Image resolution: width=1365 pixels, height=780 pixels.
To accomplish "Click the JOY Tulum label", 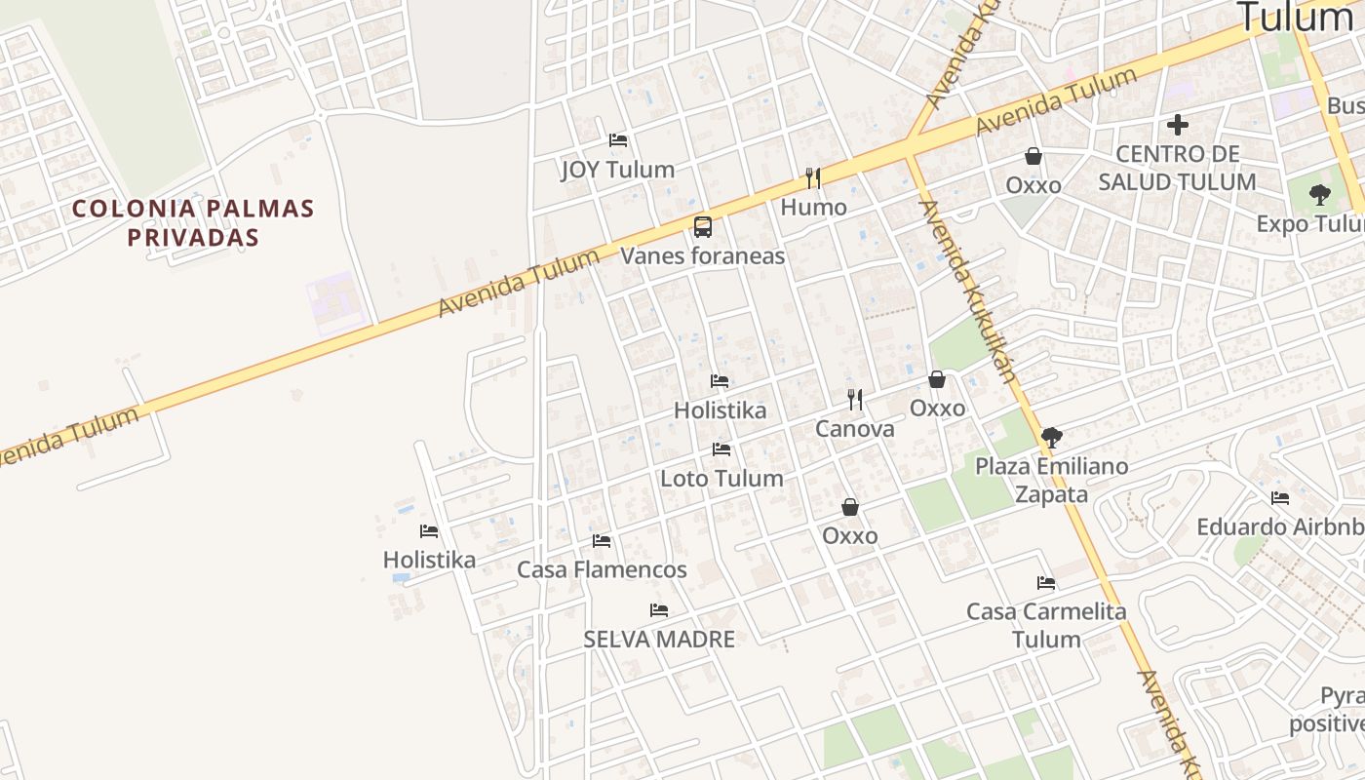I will (617, 170).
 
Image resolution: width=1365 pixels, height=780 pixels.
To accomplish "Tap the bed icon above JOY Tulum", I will (617, 140).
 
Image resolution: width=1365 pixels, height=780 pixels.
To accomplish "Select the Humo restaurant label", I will (813, 208).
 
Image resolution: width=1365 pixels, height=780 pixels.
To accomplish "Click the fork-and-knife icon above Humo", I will (813, 178).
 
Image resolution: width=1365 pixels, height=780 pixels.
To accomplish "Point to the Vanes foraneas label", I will (703, 256).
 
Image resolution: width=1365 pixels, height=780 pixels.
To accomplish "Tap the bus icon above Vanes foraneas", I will (703, 227).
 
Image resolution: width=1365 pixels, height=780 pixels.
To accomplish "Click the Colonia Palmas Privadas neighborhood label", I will (193, 222).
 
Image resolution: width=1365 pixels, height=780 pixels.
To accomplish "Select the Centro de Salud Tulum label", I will (1177, 168).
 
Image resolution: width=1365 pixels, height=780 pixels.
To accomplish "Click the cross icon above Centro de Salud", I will (1178, 125).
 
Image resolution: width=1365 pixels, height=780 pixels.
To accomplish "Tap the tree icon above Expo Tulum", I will (1319, 194).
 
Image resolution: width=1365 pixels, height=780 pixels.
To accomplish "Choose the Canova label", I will (854, 429).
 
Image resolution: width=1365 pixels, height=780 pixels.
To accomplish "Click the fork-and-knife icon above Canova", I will (855, 399).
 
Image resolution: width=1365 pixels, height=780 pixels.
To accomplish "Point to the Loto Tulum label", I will (721, 479).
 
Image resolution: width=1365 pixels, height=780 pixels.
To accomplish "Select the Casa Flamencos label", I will (602, 569).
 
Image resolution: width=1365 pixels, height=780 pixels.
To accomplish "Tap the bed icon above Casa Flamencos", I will (602, 540).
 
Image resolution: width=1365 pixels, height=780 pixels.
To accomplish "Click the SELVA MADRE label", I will (659, 640).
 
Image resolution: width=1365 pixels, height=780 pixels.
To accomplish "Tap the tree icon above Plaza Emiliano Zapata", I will (1051, 437).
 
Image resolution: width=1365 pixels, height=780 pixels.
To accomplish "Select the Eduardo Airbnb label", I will (1279, 527).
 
